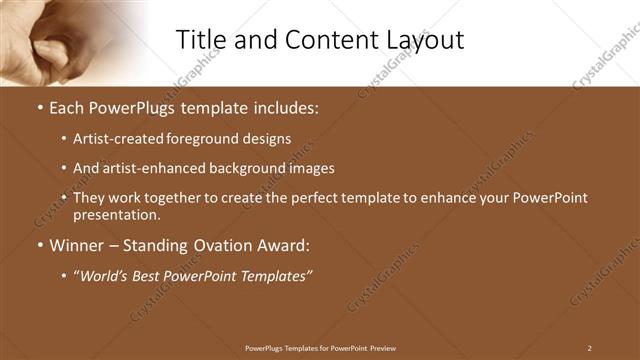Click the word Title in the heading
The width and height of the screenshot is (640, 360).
tap(200, 40)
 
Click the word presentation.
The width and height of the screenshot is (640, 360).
tap(115, 214)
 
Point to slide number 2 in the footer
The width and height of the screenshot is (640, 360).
tap(589, 348)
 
